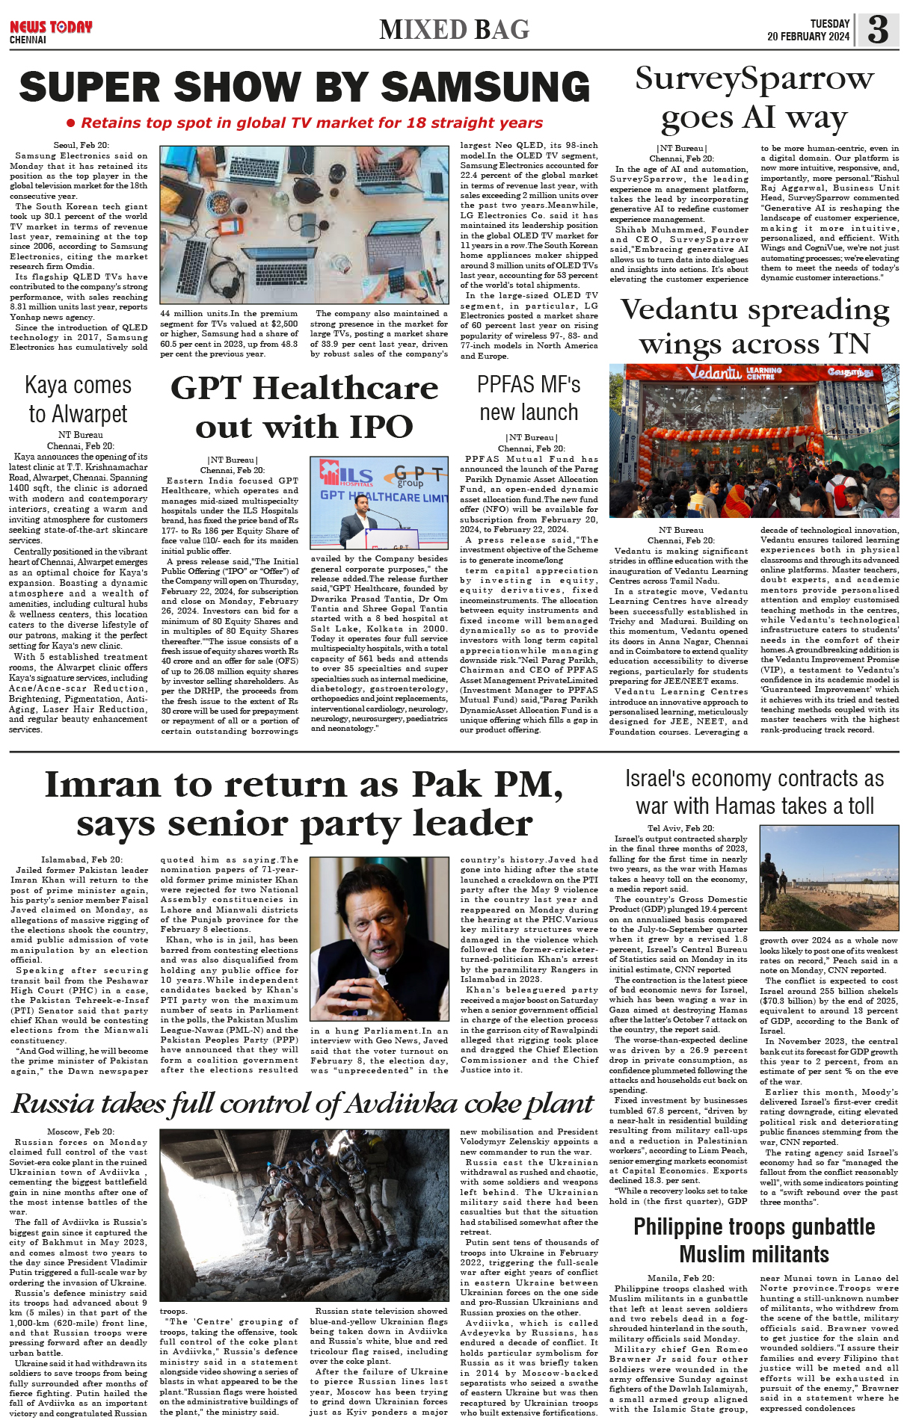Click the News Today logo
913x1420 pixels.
tap(51, 28)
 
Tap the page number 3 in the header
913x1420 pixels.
tap(878, 29)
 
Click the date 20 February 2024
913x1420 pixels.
tap(808, 37)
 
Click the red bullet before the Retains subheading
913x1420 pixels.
tap(71, 123)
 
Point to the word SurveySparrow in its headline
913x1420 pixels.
tap(754, 78)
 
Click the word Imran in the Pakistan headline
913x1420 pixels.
tap(103, 785)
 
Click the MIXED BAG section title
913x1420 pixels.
tap(454, 30)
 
